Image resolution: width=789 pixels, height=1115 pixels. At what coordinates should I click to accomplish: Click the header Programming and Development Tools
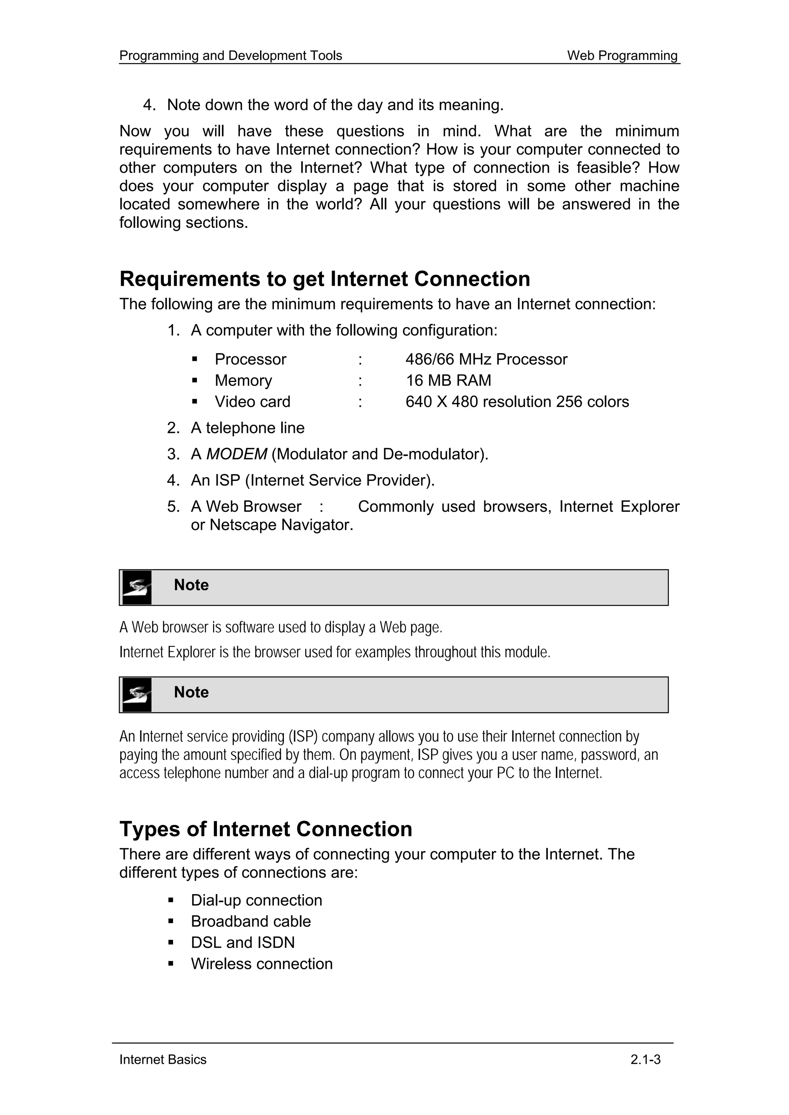tap(230, 56)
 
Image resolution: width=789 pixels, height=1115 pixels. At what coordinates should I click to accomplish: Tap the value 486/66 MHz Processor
tap(486, 359)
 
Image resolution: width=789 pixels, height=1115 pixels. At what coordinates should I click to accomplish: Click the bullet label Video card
tap(252, 402)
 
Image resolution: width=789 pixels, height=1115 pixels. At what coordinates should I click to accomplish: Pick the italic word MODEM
tap(236, 454)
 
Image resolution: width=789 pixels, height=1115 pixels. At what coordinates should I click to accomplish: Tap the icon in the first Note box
tap(137, 588)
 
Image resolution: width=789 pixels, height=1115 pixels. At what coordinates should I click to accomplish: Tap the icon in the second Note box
tap(137, 695)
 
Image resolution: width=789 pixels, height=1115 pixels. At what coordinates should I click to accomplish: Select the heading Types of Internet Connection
tap(266, 829)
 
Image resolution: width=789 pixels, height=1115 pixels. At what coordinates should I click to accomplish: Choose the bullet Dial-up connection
tap(256, 900)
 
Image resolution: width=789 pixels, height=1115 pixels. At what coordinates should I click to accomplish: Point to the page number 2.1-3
tap(645, 1060)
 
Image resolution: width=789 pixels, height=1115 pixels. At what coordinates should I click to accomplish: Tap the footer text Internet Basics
tap(163, 1060)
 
